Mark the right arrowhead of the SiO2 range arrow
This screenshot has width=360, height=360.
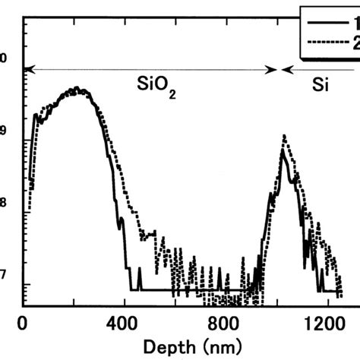coord(273,69)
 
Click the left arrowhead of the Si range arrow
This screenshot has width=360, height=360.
coord(286,69)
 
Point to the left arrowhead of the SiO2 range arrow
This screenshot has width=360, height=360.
coord(28,69)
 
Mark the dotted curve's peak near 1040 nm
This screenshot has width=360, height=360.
coord(284,136)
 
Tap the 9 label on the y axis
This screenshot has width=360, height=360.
coord(3,130)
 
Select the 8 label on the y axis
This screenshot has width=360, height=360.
coord(3,203)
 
